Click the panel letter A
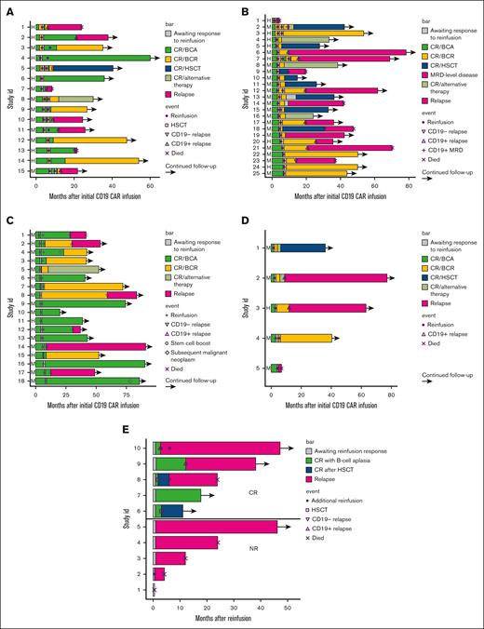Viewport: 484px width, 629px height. (8, 12)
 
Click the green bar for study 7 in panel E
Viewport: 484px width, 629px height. (178, 494)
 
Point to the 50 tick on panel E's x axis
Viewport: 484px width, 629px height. (288, 605)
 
